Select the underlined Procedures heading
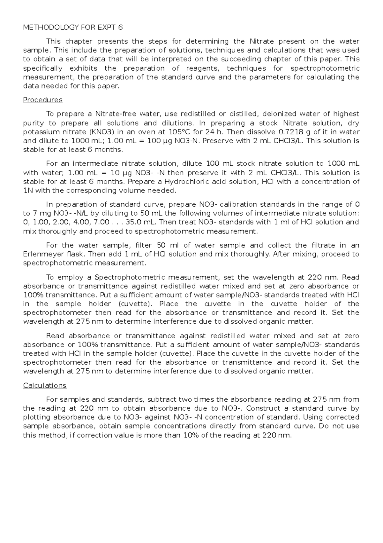(x=43, y=100)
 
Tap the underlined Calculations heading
(x=45, y=385)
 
